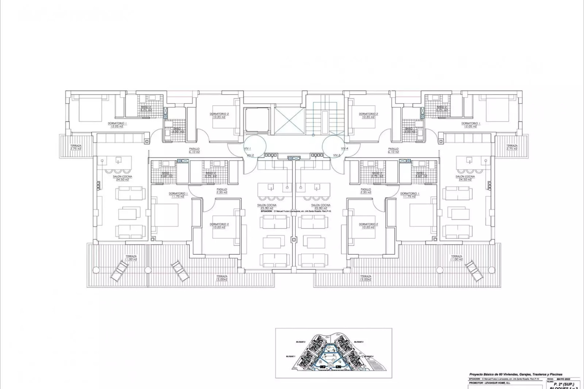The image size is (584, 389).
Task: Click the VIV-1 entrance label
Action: (247, 149)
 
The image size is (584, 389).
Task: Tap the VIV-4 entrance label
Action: (344, 149)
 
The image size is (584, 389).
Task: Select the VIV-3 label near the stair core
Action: (337, 155)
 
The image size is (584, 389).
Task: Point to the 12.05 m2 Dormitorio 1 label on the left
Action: (117, 125)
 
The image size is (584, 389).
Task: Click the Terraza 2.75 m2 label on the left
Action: (76, 147)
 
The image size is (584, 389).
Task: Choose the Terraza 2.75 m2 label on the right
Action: (512, 147)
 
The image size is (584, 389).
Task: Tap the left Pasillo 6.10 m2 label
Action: (194, 150)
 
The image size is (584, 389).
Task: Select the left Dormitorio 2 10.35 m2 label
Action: (219, 115)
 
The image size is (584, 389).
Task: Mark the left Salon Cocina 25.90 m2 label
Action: (267, 207)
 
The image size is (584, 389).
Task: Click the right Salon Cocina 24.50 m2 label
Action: (465, 178)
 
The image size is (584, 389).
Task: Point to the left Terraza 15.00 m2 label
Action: (222, 278)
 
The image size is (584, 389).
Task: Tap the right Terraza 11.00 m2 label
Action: (457, 258)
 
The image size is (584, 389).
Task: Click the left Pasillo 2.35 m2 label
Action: (222, 191)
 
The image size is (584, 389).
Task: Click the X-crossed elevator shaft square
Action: (289, 120)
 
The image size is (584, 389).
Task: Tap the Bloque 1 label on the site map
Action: (290, 356)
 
